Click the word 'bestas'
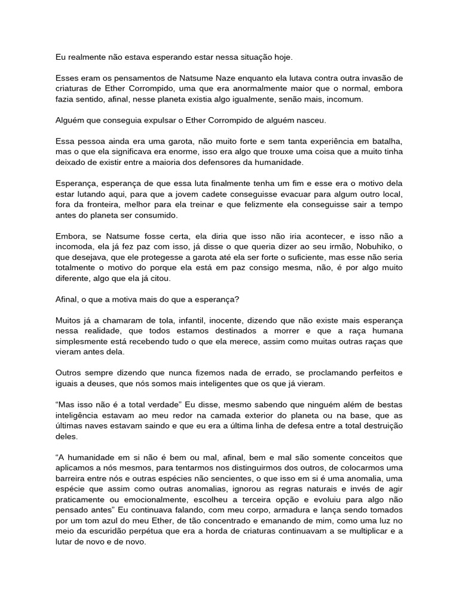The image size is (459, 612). click(x=390, y=405)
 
